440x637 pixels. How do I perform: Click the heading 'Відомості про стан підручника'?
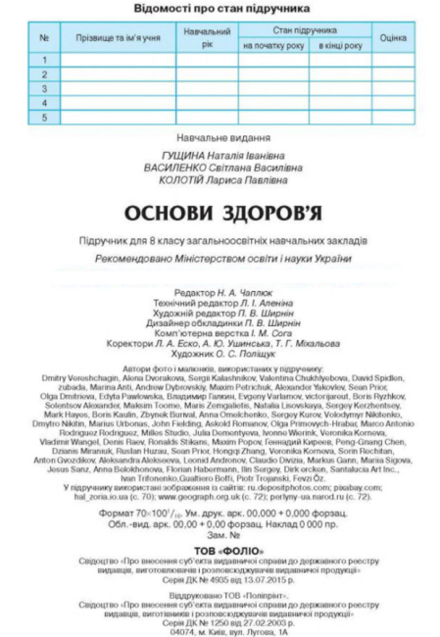point(219,9)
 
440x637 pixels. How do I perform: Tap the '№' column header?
point(44,37)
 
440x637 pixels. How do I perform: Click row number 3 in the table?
point(44,88)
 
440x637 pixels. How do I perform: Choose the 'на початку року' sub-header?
point(273,45)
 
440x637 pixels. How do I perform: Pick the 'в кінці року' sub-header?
point(339,45)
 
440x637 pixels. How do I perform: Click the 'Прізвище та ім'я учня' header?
point(117,37)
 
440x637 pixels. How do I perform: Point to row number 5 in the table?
point(44,118)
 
